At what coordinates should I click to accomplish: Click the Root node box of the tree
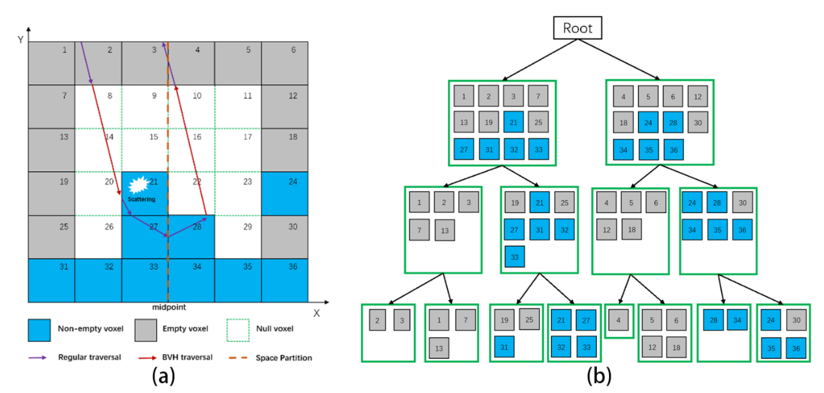577,28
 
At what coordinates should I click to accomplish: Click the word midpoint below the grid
169,307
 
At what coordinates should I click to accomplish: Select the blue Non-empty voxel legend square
39,330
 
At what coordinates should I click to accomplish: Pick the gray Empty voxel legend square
146,330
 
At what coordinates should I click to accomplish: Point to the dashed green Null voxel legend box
238,330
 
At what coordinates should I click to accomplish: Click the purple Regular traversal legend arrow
38,358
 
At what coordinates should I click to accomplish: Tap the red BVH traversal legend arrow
147,358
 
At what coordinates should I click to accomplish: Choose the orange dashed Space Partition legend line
238,358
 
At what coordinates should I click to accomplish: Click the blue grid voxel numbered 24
285,194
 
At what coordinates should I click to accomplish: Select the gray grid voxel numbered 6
285,63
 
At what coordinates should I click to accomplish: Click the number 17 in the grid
247,137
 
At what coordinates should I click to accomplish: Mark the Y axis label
21,40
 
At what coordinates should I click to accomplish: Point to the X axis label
316,313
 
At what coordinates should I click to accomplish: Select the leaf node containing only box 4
619,321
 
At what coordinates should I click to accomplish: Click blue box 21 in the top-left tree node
513,122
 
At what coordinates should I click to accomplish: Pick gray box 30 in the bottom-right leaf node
796,320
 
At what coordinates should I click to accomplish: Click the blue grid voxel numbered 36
285,280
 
